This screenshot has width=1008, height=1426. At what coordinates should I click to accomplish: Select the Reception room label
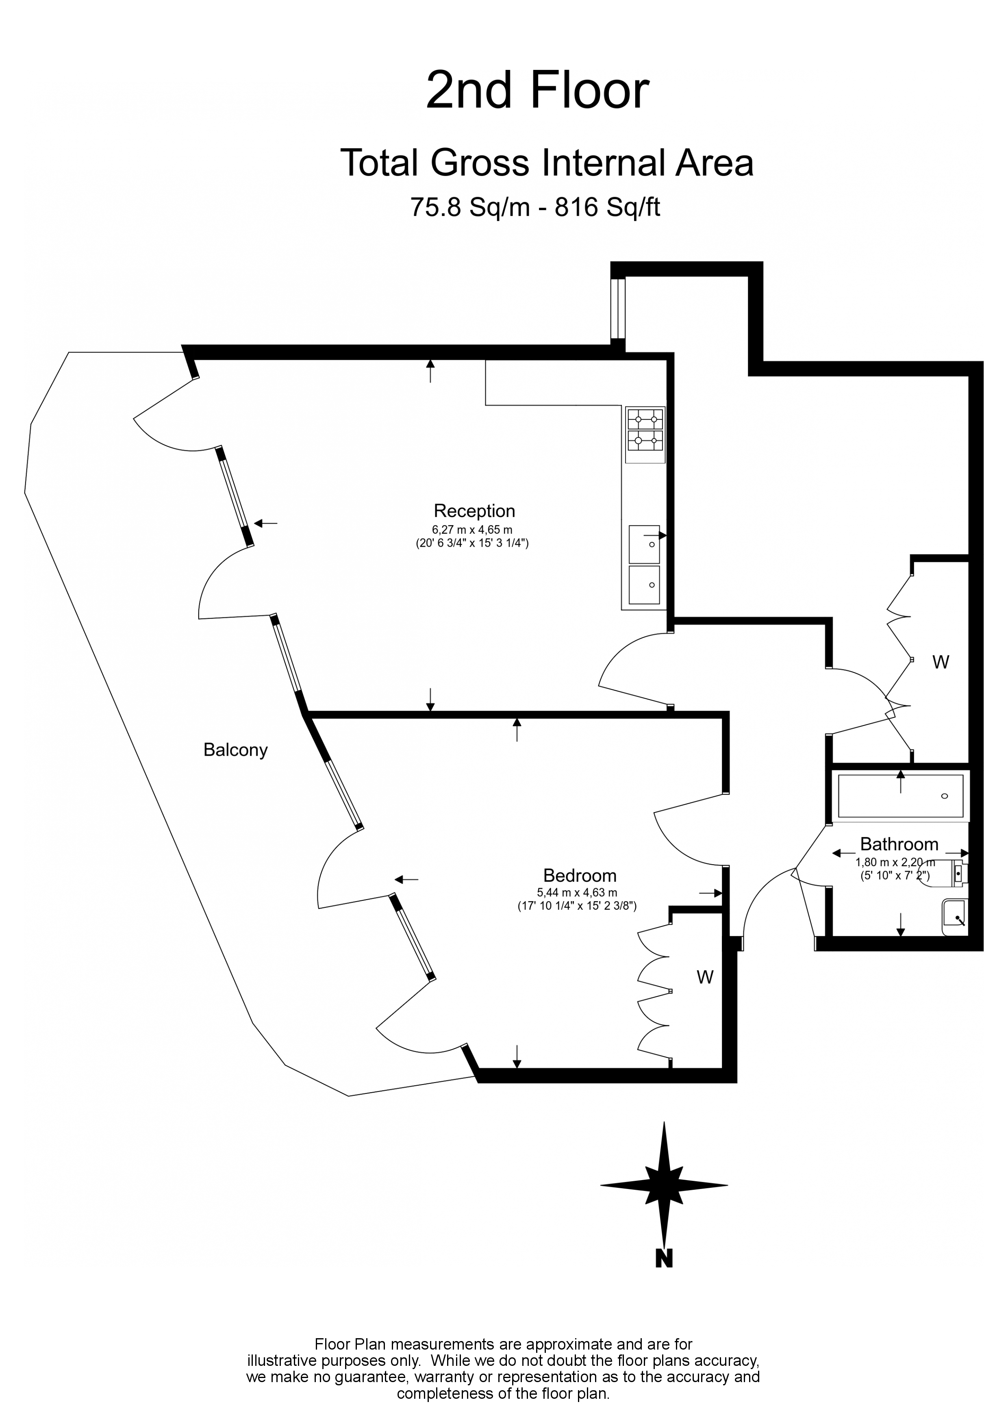474,511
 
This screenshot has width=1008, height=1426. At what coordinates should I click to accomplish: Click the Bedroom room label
580,875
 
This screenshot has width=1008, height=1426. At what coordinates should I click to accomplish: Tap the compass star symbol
663,1185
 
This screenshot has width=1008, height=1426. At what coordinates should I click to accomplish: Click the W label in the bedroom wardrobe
704,978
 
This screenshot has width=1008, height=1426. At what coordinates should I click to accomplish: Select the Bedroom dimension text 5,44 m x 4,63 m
577,893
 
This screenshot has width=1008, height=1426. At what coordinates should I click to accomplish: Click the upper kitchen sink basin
644,544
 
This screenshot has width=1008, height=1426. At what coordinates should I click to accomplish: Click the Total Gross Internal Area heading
547,163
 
